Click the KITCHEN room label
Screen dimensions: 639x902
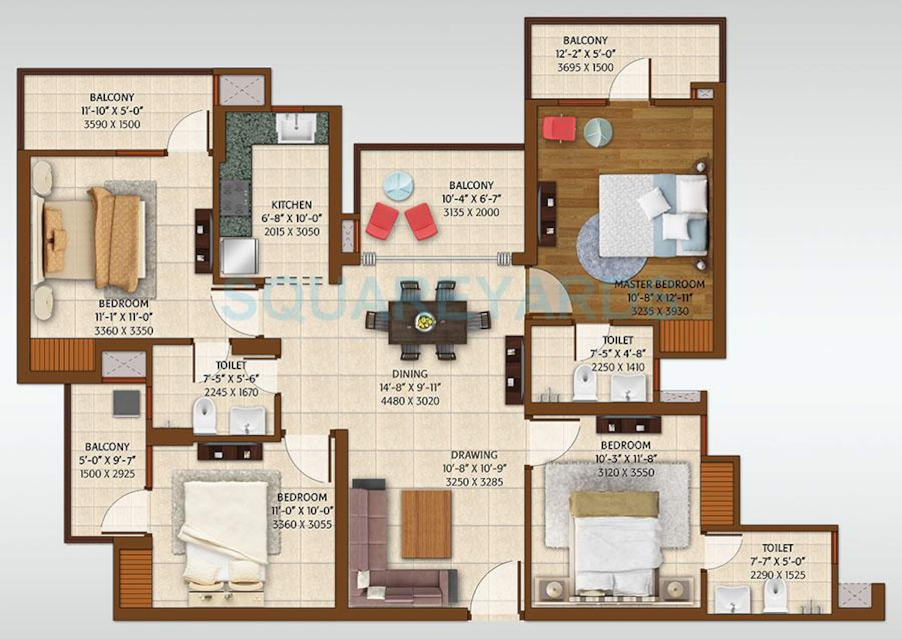tap(291, 205)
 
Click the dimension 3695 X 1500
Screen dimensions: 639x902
tap(585, 67)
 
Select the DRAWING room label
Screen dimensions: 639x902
tap(474, 455)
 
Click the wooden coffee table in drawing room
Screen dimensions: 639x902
tap(426, 524)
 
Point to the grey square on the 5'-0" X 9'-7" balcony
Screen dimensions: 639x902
tap(126, 403)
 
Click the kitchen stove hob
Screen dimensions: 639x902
tap(235, 198)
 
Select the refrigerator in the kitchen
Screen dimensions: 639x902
tap(239, 256)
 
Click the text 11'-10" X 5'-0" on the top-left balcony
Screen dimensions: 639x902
tap(112, 111)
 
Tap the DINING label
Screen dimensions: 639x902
tap(410, 373)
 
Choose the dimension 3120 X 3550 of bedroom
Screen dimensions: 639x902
tap(626, 472)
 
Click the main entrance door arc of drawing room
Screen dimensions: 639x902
tap(492, 586)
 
